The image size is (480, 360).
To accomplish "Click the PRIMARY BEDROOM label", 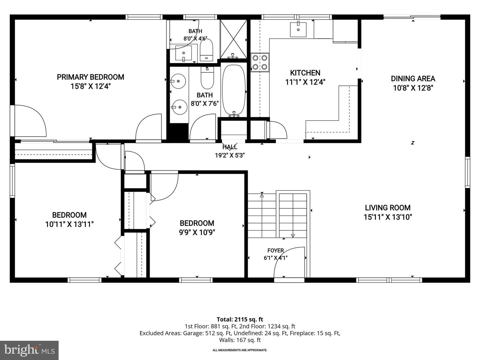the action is coord(91,77).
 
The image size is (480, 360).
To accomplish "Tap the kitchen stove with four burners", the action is coord(260,62).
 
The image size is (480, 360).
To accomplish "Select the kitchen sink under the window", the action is coord(298,30).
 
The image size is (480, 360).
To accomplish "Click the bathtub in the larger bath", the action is coord(234,90).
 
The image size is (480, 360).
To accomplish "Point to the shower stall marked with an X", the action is coord(234,39).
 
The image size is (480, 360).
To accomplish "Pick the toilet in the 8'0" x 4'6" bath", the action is coord(206,50).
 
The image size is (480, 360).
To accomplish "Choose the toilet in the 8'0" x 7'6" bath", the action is coord(207,78).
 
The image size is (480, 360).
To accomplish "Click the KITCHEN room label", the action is coord(305,73).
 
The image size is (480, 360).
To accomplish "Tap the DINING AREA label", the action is coord(413,79).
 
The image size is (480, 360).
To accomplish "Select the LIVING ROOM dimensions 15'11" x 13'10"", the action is coord(388,217).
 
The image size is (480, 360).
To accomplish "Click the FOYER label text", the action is coord(276,250).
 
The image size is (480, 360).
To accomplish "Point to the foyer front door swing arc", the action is coord(284,254).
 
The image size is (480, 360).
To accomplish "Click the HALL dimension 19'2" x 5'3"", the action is coord(230,155).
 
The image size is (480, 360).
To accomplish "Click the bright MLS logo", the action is coord(29,350).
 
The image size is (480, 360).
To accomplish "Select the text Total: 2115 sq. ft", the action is coord(240,319).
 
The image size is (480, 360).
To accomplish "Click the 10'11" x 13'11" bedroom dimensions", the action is coord(69,224).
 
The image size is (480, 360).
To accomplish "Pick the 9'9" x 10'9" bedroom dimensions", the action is coord(197,232).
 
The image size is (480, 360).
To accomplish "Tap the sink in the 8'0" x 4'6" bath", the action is coord(183,53).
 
